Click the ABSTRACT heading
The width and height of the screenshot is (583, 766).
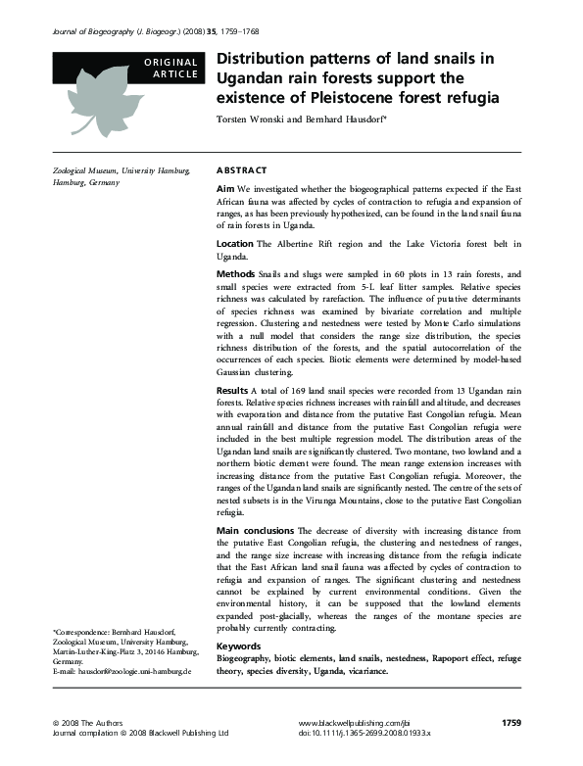coord(240,170)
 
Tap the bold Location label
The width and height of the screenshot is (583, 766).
coord(234,243)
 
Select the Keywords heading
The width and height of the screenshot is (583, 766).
coord(238,646)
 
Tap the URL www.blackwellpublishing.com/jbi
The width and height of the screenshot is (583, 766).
coord(352,722)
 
